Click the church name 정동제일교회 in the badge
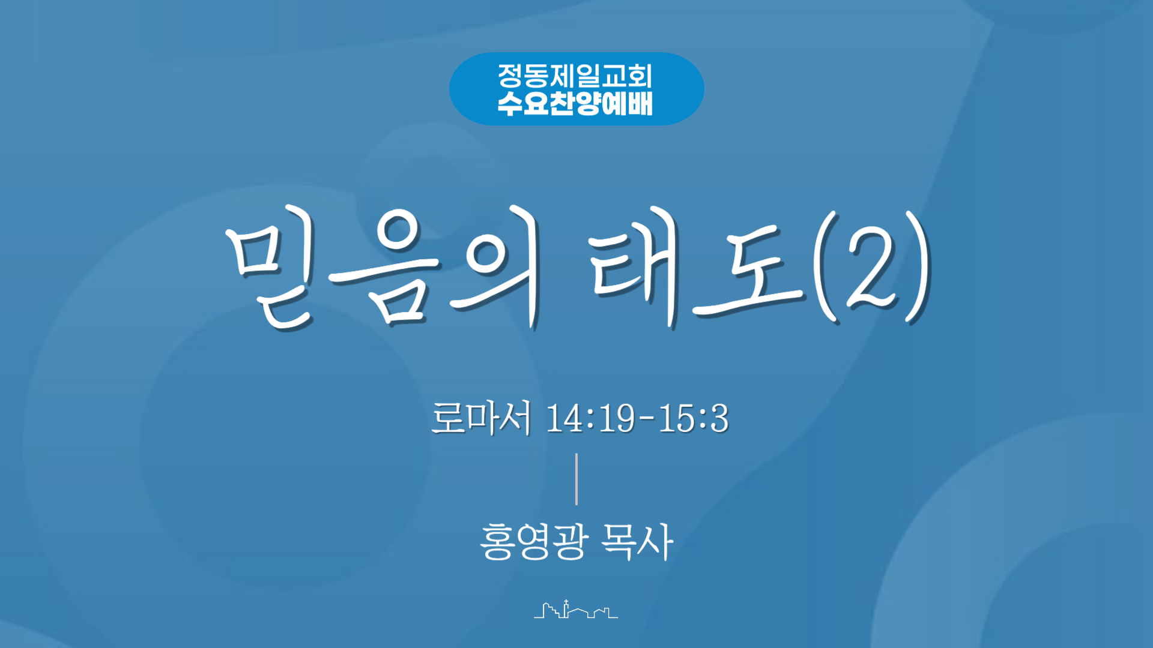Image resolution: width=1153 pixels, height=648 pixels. [575, 76]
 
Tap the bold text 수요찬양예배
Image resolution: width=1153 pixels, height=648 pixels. [575, 103]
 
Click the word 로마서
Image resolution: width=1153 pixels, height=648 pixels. [481, 418]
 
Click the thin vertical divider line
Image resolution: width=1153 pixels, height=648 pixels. [576, 479]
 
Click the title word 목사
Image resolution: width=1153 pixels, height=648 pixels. [637, 541]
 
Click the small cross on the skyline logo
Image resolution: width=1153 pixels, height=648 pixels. [566, 602]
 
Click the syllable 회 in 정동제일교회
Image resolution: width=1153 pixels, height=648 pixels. [640, 76]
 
